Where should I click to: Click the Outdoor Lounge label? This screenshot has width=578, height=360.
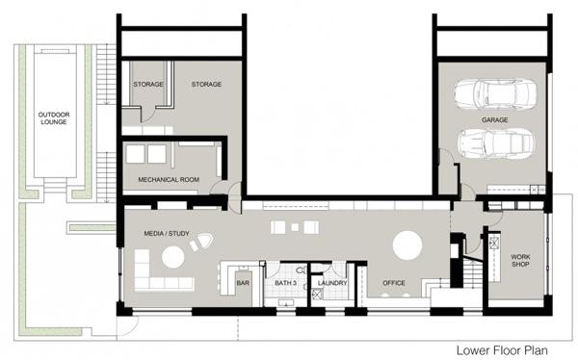tap(54, 117)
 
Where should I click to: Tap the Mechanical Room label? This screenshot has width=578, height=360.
tap(169, 179)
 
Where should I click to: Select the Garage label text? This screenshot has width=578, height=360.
tap(495, 119)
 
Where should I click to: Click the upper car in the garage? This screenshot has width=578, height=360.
tap(495, 93)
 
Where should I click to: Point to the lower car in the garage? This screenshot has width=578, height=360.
tap(496, 143)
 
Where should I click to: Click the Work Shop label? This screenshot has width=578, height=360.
tap(520, 260)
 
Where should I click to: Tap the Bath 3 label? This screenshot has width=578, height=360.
tap(286, 283)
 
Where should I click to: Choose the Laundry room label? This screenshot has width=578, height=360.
tap(332, 283)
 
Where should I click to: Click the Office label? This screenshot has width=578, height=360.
tap(394, 283)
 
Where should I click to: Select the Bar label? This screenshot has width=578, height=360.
tap(243, 283)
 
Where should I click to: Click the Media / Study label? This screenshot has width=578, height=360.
tap(167, 233)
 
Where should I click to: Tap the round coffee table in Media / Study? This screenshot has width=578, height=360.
tap(172, 257)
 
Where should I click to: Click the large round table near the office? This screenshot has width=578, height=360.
tap(407, 245)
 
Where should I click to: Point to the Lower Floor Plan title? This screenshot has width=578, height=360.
tap(502, 350)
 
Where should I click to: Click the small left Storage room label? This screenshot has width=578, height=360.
tap(148, 84)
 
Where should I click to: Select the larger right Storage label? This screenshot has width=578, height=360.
tap(206, 84)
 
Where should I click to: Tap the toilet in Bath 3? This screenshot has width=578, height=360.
tap(302, 270)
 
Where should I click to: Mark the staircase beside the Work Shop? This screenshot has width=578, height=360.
tap(473, 273)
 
